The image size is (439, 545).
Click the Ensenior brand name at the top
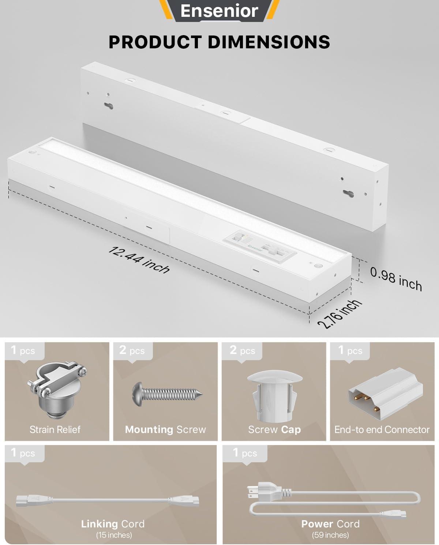tap(219, 11)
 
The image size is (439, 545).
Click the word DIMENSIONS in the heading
tap(269, 42)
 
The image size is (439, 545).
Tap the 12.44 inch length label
tap(139, 260)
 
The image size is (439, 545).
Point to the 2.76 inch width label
tap(339, 314)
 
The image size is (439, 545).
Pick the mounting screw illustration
tap(167, 394)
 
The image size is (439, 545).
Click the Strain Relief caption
tap(55, 429)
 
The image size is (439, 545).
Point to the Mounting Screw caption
tap(165, 429)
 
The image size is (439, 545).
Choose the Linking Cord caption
tap(113, 524)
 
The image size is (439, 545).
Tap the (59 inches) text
tap(330, 535)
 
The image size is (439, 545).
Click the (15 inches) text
tap(114, 535)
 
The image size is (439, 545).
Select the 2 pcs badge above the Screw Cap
tap(242, 351)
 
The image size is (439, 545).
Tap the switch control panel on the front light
tap(261, 247)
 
